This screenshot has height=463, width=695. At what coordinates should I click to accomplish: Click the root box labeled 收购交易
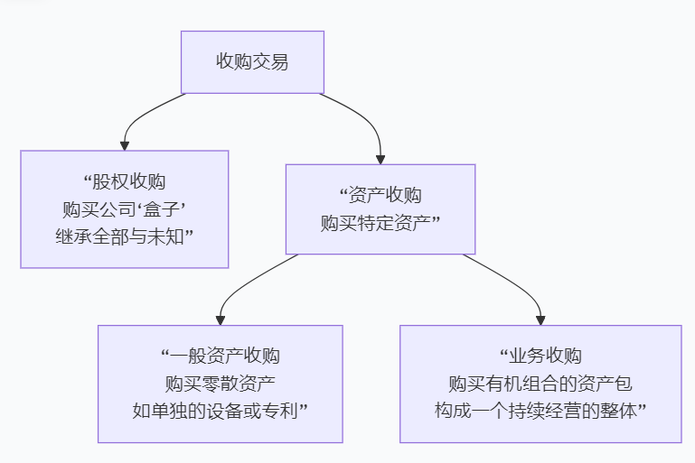pyautogui.click(x=252, y=62)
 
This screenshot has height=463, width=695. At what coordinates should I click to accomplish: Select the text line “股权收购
pyautogui.click(x=124, y=181)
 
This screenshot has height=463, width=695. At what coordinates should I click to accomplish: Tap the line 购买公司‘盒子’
pyautogui.click(x=124, y=208)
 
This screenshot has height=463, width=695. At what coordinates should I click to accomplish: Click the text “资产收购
pyautogui.click(x=380, y=195)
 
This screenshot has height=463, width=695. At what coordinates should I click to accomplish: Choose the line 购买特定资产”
pyautogui.click(x=380, y=223)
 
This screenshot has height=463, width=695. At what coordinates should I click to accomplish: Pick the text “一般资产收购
pyautogui.click(x=220, y=356)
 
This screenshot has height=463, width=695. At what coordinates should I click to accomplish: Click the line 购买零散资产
pyautogui.click(x=220, y=384)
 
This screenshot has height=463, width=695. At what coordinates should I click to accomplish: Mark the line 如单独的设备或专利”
pyautogui.click(x=220, y=412)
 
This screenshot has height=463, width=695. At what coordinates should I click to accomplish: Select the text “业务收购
pyautogui.click(x=540, y=356)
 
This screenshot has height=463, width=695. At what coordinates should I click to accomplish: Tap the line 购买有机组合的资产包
pyautogui.click(x=540, y=384)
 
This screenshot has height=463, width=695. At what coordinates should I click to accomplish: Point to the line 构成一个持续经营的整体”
pyautogui.click(x=540, y=412)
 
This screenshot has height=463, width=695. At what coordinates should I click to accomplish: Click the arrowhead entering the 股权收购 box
pyautogui.click(x=125, y=144)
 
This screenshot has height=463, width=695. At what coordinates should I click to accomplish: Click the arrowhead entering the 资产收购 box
pyautogui.click(x=380, y=158)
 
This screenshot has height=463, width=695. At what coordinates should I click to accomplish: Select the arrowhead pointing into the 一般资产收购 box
pyautogui.click(x=221, y=319)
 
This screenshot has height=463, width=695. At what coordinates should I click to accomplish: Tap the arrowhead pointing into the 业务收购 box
pyautogui.click(x=540, y=319)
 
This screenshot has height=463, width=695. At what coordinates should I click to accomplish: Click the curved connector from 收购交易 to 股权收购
pyautogui.click(x=145, y=112)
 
